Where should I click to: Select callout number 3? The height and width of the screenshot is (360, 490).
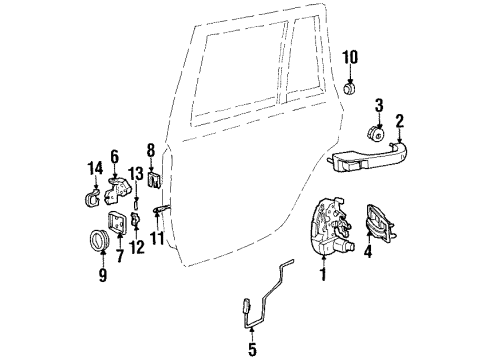coord(379,105)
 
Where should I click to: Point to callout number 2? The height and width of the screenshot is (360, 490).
coord(399,122)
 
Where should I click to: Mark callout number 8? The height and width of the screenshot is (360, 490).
coord(150,151)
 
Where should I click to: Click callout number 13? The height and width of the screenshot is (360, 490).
coord(136,174)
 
